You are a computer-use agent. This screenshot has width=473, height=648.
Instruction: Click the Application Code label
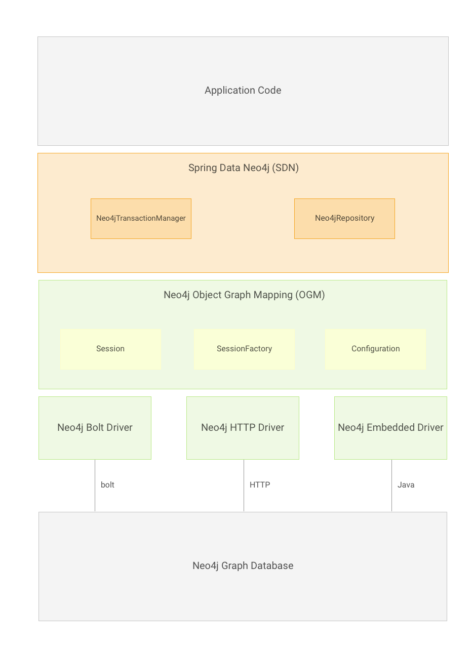coord(243,91)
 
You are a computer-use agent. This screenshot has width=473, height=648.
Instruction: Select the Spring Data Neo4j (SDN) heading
coord(243,168)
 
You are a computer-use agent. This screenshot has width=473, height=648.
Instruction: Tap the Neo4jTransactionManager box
coord(141,218)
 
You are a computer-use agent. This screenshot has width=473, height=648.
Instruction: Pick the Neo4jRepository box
coord(344,218)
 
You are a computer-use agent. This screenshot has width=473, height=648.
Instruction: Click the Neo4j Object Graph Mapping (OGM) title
coord(244,295)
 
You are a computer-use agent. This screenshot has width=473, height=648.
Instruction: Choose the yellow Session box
coord(110,349)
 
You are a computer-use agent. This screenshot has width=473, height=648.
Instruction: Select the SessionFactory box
coord(244,349)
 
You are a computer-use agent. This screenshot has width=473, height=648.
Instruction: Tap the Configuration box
coord(375,349)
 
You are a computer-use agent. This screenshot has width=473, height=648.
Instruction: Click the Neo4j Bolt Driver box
coord(95,428)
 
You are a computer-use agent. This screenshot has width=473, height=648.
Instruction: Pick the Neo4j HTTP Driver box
coord(243,428)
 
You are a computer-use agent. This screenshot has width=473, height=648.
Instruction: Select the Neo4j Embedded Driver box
coord(390,428)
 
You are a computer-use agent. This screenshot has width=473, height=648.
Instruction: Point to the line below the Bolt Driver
coord(95,486)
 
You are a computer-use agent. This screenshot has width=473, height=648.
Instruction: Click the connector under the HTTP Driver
coord(244,486)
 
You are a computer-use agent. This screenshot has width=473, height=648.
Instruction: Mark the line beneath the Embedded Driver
coord(391,486)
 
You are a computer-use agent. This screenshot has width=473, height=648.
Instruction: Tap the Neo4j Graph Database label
coord(243,566)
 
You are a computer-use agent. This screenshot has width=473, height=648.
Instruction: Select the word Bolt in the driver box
coord(95,428)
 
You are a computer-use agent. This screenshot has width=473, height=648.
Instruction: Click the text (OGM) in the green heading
coord(310,295)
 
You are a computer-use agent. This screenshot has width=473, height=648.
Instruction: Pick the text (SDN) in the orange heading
coord(285,168)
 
